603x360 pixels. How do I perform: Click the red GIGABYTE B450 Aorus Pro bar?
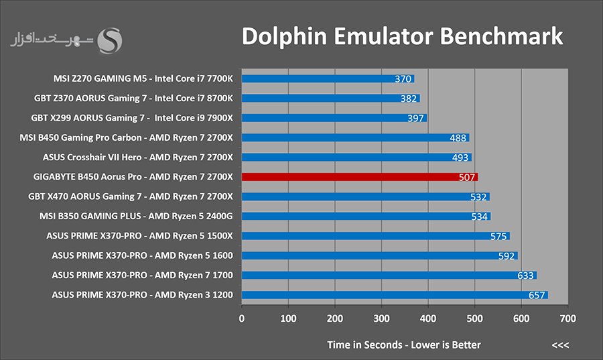(x=360, y=177)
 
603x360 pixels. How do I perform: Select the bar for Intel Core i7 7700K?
(x=328, y=78)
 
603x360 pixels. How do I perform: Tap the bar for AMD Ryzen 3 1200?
(x=395, y=295)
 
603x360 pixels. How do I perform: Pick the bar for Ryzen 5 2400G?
(x=366, y=216)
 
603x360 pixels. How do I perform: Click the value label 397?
(x=415, y=118)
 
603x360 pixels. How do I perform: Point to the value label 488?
(x=458, y=137)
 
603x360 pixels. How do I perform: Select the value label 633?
(x=525, y=276)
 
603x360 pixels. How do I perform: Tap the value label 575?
(x=498, y=236)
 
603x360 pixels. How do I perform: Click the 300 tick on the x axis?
(x=381, y=318)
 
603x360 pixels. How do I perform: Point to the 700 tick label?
(x=568, y=318)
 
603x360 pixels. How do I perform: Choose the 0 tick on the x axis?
(x=241, y=318)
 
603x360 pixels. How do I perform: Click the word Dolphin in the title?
(x=284, y=37)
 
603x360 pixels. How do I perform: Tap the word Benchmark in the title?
(x=501, y=36)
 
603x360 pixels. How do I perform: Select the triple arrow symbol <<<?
(x=560, y=345)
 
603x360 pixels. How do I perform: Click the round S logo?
(x=110, y=40)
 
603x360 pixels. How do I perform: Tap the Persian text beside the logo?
(x=52, y=40)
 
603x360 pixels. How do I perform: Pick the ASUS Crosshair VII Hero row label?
(x=137, y=158)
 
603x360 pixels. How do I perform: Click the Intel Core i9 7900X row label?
(x=194, y=118)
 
